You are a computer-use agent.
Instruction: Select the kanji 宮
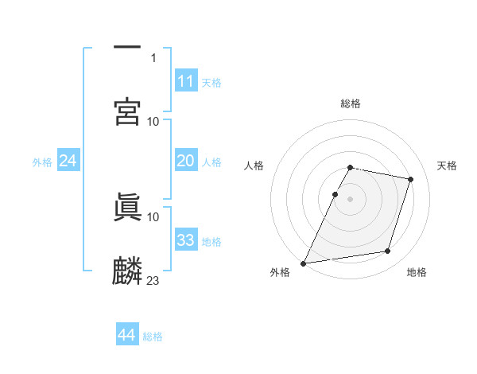point(127,111)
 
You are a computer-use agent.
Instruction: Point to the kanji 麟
point(127,271)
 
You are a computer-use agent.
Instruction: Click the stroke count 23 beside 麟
point(153,280)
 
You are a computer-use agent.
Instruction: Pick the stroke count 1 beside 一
point(153,57)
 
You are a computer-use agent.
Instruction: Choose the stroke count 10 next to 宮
point(153,121)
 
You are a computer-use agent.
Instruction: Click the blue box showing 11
point(186,81)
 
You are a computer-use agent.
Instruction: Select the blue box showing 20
point(186,161)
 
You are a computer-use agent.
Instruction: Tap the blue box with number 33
point(186,240)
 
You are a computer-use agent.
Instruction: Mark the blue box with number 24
point(68,161)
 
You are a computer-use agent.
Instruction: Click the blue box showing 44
point(126,335)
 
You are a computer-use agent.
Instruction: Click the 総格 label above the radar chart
point(351,103)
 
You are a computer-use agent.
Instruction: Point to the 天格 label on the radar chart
point(448,166)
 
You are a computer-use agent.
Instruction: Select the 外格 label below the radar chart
point(280,272)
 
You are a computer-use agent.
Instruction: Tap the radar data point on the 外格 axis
point(303,263)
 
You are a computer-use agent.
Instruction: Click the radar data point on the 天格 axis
point(411,180)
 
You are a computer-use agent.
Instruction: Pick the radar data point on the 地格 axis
point(388,251)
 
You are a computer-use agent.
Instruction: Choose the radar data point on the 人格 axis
point(335,194)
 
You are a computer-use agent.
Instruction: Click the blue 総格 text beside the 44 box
point(153,336)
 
